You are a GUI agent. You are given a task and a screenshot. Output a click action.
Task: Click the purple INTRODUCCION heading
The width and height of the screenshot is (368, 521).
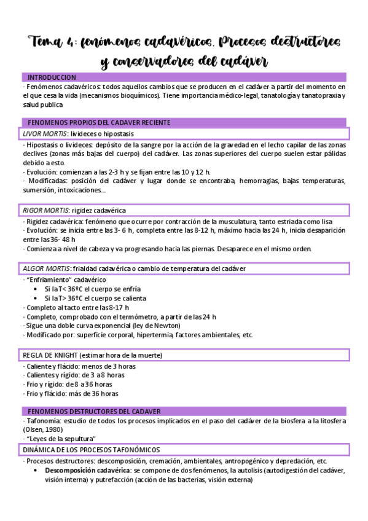click(52, 77)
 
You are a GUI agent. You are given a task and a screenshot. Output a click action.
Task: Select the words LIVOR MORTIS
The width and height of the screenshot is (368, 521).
click(44, 133)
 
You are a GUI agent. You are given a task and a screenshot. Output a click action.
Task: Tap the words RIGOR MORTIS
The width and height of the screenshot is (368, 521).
click(45, 210)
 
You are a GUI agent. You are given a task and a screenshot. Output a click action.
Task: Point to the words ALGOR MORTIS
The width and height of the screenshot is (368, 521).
click(46, 268)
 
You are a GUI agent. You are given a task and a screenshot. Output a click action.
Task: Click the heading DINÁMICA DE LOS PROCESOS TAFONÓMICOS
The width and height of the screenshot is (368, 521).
click(91, 450)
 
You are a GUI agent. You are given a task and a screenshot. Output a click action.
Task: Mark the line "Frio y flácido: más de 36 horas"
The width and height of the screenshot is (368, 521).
click(72, 394)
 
